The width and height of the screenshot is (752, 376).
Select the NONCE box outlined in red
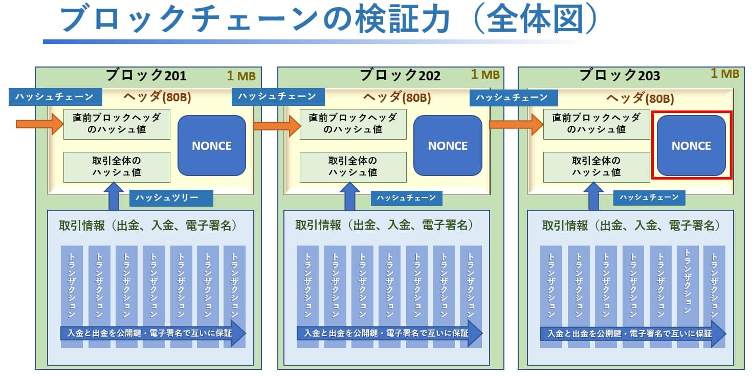(x=691, y=146)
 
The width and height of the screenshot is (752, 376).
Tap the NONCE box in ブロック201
(x=212, y=146)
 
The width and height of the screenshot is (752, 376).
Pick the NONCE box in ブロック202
(x=448, y=146)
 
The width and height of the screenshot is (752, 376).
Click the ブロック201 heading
(x=146, y=76)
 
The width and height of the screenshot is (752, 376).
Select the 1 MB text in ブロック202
(x=485, y=75)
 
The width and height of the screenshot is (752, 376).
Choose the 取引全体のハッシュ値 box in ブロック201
(x=117, y=167)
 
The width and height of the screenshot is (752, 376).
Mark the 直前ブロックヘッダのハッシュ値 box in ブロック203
(x=596, y=124)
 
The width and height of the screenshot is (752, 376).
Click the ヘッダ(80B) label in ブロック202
(x=396, y=98)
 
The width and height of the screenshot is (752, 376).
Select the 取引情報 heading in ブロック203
(x=631, y=225)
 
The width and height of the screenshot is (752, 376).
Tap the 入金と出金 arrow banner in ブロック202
(x=389, y=334)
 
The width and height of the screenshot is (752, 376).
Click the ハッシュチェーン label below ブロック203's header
(x=649, y=197)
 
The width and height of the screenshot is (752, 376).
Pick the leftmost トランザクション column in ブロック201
(x=72, y=286)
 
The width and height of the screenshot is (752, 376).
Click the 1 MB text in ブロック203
(x=725, y=74)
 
